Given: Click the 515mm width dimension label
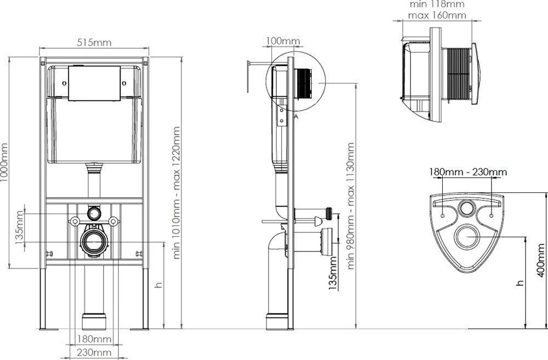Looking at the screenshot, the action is tap(94, 42).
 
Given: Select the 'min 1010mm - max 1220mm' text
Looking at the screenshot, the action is tap(176, 192).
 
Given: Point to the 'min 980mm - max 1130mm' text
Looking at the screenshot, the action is tap(351, 205).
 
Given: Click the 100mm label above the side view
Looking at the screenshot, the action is tap(283, 41).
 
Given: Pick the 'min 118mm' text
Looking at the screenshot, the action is tap(437, 4).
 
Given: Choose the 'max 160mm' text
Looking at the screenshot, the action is tap(437, 15).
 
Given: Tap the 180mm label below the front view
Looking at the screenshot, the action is tap(94, 339).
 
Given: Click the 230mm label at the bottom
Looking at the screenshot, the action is tap(94, 353).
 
